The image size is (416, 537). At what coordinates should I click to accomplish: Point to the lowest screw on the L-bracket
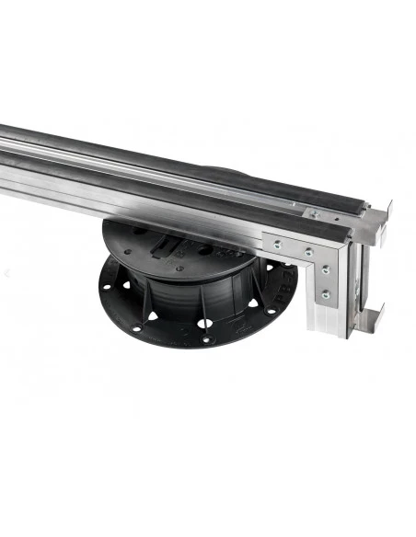pyautogui.click(x=324, y=294)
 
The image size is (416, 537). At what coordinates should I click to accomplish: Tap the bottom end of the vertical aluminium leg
pyautogui.click(x=338, y=330)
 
